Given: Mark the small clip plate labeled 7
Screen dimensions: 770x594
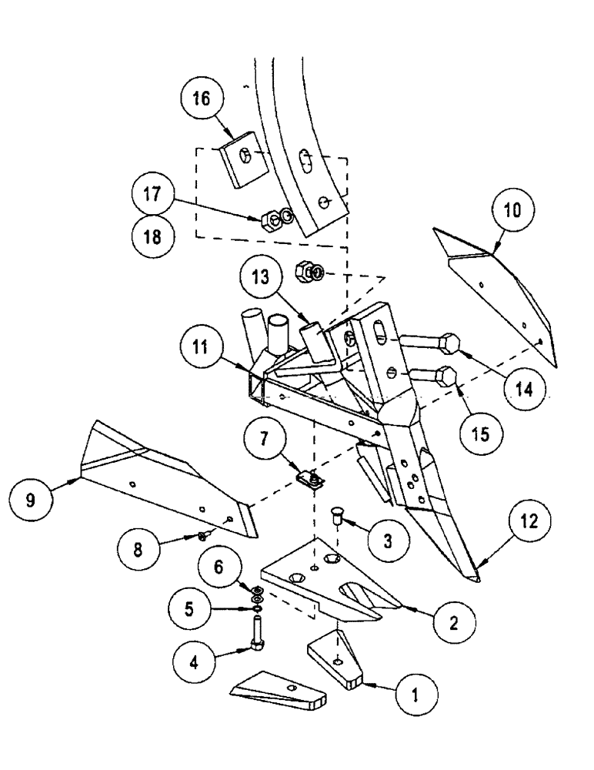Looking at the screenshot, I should point(312,480).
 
